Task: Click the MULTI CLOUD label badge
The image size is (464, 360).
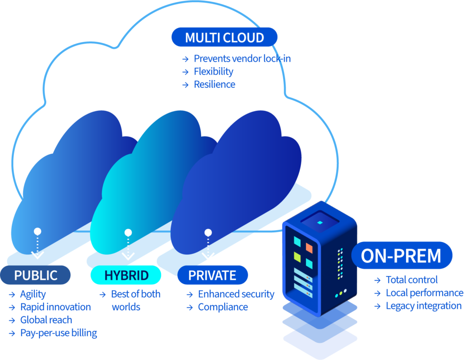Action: click(224, 37)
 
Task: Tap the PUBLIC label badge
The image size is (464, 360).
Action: click(36, 275)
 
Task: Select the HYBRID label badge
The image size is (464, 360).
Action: click(126, 275)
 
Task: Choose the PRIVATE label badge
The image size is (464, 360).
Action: click(212, 275)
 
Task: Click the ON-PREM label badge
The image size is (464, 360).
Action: click(401, 255)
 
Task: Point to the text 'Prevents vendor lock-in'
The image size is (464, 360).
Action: click(242, 58)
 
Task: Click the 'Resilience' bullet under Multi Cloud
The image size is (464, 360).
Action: click(214, 84)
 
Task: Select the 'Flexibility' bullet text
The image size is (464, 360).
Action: click(213, 72)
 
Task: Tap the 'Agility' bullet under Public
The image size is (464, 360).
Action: click(33, 294)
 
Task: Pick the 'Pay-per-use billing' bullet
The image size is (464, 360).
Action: click(58, 333)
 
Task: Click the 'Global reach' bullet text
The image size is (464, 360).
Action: click(46, 320)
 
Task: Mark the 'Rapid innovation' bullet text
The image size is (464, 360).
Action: click(55, 307)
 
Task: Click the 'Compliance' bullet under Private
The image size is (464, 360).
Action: click(223, 307)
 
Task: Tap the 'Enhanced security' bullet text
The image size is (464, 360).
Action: click(236, 294)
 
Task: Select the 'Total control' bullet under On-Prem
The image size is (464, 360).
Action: click(411, 279)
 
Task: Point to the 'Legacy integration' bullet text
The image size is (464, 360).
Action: click(423, 306)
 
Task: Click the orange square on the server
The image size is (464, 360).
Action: click(309, 247)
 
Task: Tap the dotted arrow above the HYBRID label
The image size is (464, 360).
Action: click(128, 247)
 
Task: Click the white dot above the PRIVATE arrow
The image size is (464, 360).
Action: click(208, 233)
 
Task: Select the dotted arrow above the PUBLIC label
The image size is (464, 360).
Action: click(38, 246)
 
